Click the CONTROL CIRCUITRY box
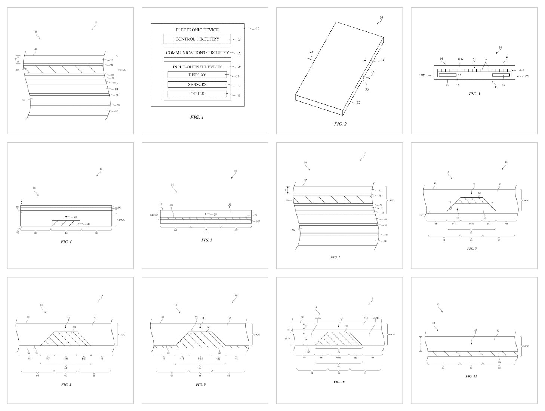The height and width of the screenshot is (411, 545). (x=197, y=39)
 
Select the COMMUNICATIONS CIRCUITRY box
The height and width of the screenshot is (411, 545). (x=197, y=52)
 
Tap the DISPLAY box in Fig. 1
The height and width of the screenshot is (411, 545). (x=197, y=75)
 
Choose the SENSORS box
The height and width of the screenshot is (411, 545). (x=197, y=84)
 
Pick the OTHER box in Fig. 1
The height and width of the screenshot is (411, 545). (x=197, y=94)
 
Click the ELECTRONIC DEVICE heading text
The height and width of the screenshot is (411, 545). (x=197, y=30)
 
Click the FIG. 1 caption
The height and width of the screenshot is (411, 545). (x=197, y=117)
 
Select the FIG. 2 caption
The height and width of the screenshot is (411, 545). (x=340, y=124)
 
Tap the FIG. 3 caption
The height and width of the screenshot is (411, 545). (x=474, y=94)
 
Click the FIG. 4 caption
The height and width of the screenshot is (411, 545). (x=66, y=242)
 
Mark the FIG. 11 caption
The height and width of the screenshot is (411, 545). (x=471, y=376)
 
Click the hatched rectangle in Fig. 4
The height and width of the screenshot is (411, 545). (x=66, y=223)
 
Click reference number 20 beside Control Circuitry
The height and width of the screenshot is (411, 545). (x=239, y=40)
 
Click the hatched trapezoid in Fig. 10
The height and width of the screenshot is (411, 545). (x=338, y=338)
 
